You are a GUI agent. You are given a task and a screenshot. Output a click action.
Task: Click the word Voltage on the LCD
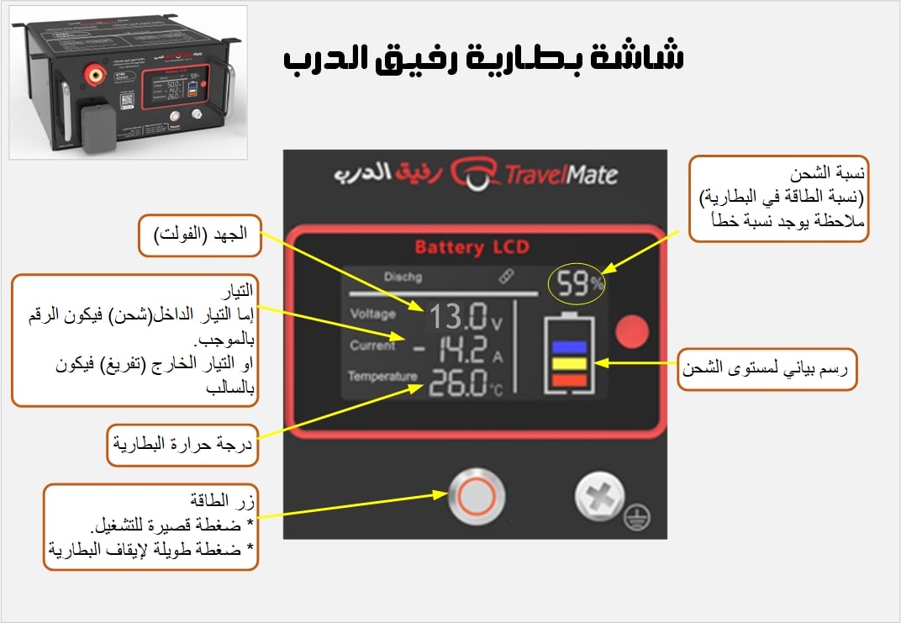click(x=373, y=314)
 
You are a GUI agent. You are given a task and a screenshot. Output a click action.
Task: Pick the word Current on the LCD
click(x=372, y=346)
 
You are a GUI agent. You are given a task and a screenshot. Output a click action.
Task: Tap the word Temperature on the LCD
click(x=382, y=376)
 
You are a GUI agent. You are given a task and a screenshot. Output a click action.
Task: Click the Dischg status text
click(x=402, y=276)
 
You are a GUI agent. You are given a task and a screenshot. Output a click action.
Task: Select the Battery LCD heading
click(x=474, y=248)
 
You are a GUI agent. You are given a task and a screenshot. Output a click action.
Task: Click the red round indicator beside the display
click(x=631, y=334)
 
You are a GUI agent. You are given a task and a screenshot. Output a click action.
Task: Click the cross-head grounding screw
click(x=598, y=499)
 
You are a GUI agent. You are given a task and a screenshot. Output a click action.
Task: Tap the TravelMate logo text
click(x=560, y=174)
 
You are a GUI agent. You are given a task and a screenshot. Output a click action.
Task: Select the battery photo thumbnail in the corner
click(x=128, y=82)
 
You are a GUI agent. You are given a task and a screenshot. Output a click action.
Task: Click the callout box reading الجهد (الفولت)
click(x=199, y=235)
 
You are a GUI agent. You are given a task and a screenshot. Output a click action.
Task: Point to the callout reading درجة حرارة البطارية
click(x=182, y=444)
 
